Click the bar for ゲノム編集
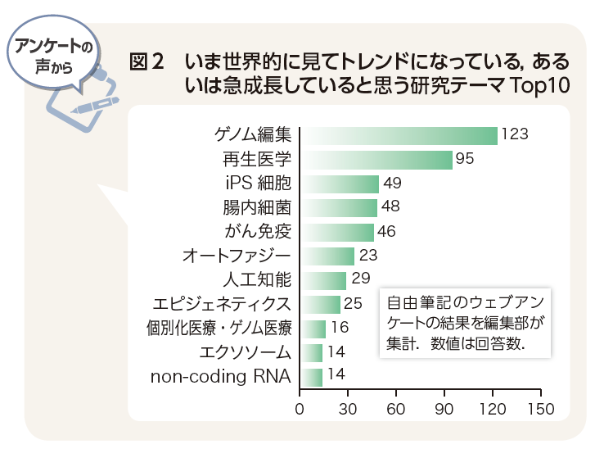click(x=399, y=135)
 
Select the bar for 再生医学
click(x=377, y=159)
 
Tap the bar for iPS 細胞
click(x=340, y=183)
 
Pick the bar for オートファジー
click(x=328, y=256)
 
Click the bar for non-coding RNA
click(x=312, y=377)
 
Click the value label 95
click(x=466, y=159)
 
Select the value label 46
click(x=387, y=231)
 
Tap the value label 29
click(x=361, y=279)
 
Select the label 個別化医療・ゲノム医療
click(x=219, y=329)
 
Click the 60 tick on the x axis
click(x=397, y=408)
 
